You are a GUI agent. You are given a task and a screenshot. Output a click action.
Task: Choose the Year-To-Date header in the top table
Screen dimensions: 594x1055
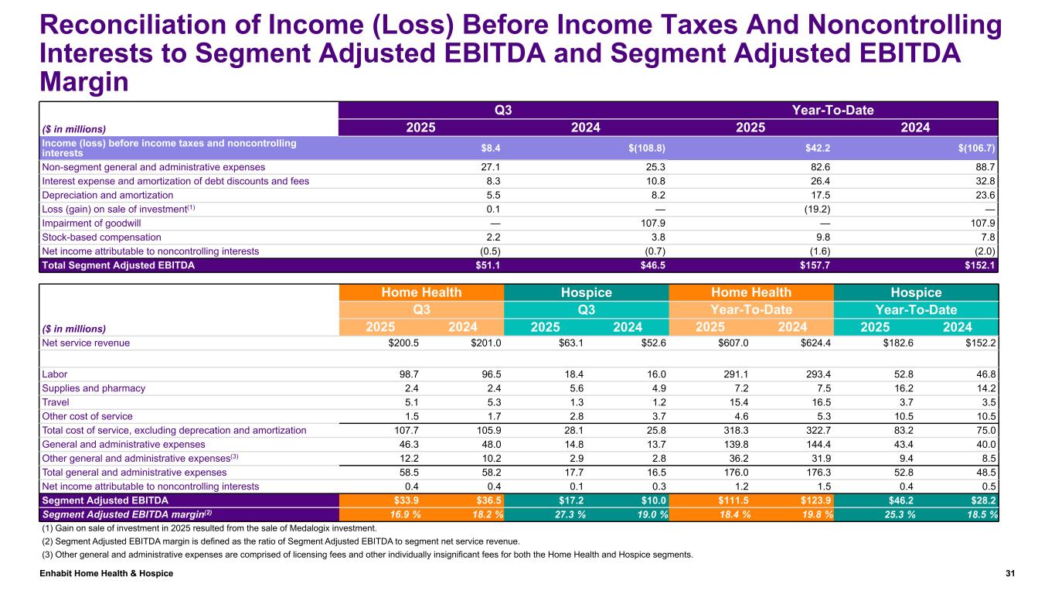833,110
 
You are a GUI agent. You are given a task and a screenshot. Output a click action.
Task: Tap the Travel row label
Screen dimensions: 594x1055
55,402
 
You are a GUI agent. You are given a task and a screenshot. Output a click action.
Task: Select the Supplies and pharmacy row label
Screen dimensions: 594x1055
94,388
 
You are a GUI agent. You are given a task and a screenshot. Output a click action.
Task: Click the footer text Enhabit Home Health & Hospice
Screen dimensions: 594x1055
107,573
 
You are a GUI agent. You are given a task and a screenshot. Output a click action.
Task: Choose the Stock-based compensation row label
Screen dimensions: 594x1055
102,237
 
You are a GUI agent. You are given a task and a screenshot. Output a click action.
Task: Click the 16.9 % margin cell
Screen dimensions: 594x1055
404,514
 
